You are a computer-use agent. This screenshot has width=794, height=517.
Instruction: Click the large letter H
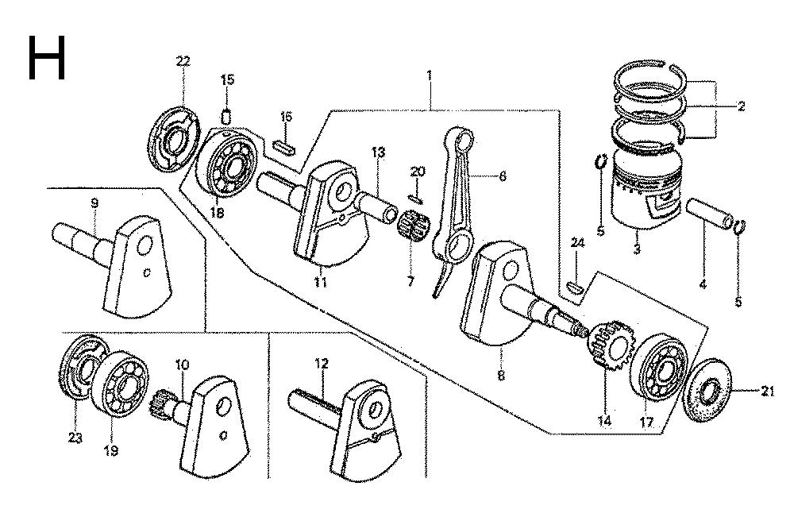pyautogui.click(x=46, y=57)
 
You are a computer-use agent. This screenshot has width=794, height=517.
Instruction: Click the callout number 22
pyautogui.click(x=183, y=62)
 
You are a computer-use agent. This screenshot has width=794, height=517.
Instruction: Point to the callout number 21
pyautogui.click(x=766, y=390)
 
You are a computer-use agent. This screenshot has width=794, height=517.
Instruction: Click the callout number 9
pyautogui.click(x=94, y=204)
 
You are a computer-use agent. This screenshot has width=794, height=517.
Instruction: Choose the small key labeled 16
pyautogui.click(x=285, y=145)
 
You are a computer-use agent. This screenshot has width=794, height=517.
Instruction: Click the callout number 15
pyautogui.click(x=227, y=79)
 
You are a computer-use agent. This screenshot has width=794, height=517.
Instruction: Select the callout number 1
pyautogui.click(x=430, y=75)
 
